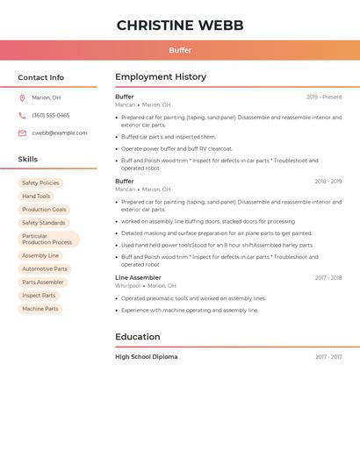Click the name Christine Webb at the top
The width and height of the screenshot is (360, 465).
pyautogui.click(x=180, y=25)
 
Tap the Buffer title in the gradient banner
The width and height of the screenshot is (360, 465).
pyautogui.click(x=180, y=50)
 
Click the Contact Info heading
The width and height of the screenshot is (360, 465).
pyautogui.click(x=40, y=77)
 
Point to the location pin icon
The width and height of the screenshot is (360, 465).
pyautogui.click(x=22, y=98)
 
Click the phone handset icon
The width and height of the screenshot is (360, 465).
pyautogui.click(x=22, y=116)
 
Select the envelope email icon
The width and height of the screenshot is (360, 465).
pyautogui.click(x=22, y=133)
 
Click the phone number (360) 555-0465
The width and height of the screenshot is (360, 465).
pyautogui.click(x=50, y=116)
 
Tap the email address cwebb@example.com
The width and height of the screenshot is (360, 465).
pyautogui.click(x=59, y=133)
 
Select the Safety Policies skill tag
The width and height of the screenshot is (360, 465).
pyautogui.click(x=40, y=183)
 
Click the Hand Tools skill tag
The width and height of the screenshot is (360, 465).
pyautogui.click(x=36, y=197)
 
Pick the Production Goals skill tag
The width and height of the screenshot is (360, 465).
pyautogui.click(x=44, y=210)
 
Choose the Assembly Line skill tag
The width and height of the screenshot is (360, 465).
pyautogui.click(x=40, y=256)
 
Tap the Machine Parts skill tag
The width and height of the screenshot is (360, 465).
pyautogui.click(x=40, y=309)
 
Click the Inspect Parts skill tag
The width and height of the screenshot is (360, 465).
pyautogui.click(x=39, y=296)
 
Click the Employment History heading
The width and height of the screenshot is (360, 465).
pyautogui.click(x=161, y=77)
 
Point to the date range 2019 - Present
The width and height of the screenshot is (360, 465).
pyautogui.click(x=324, y=97)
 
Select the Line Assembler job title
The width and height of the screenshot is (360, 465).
pyautogui.click(x=138, y=278)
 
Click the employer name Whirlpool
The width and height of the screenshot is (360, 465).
pyautogui.click(x=127, y=286)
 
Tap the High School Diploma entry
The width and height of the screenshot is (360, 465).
pyautogui.click(x=146, y=357)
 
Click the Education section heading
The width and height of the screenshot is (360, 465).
pyautogui.click(x=138, y=337)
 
